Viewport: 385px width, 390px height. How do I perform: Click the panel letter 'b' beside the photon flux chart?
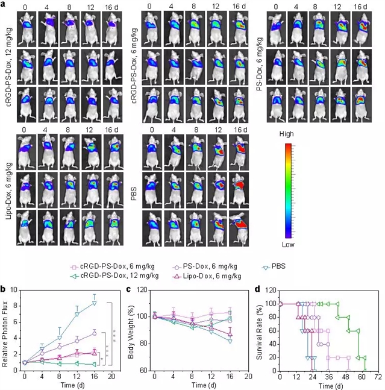click(x=4, y=290)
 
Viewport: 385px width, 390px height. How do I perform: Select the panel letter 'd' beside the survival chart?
click(x=258, y=290)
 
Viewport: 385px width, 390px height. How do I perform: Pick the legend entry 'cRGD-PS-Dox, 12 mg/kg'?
click(x=118, y=275)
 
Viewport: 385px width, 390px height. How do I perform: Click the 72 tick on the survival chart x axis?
click(x=377, y=376)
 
